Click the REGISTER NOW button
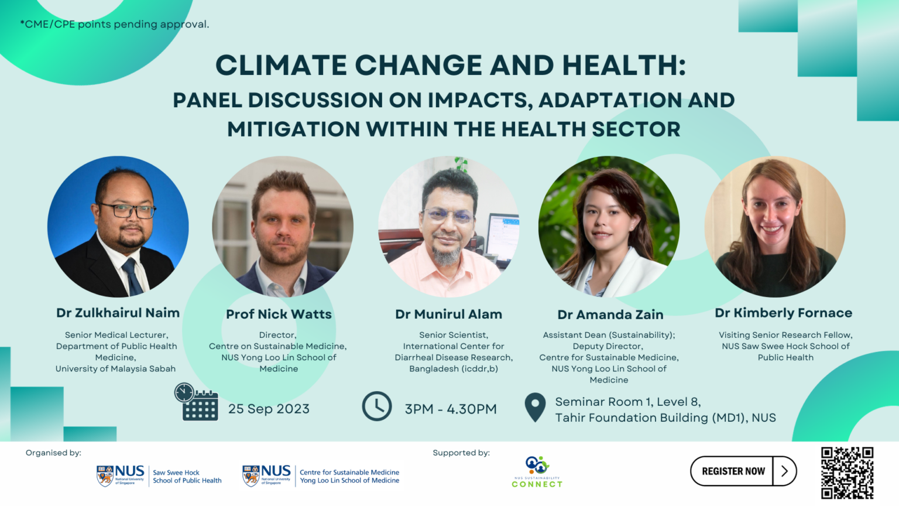click(733, 471)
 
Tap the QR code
click(847, 473)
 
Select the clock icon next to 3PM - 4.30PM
click(377, 406)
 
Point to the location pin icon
click(535, 408)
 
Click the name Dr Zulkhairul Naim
click(118, 313)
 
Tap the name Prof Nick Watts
click(279, 314)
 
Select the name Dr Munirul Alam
click(448, 314)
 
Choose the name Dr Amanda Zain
click(610, 315)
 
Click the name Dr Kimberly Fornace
click(783, 313)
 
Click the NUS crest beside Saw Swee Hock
click(105, 476)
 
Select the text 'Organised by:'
click(53, 453)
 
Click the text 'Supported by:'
click(461, 453)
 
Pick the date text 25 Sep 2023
click(269, 409)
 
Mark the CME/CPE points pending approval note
click(115, 24)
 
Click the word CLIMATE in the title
click(281, 65)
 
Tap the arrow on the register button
click(784, 471)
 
